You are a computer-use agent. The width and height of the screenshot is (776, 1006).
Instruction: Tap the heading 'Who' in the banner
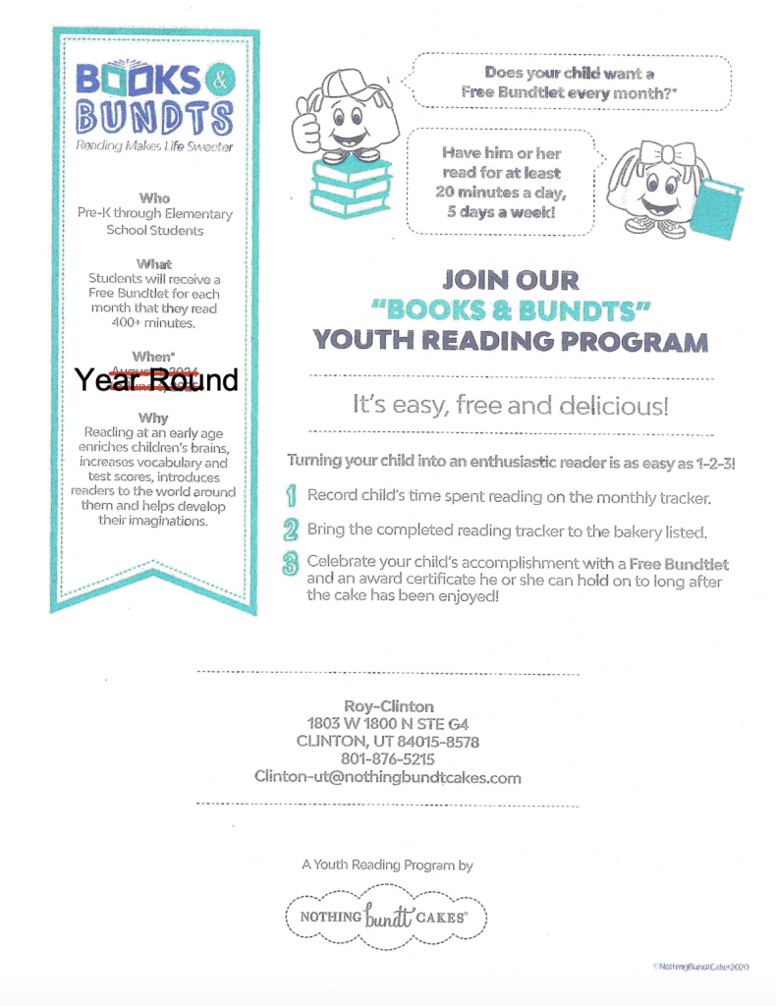(x=155, y=197)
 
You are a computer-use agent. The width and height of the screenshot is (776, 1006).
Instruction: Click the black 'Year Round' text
(x=157, y=380)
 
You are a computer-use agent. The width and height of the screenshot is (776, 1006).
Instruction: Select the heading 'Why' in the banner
(x=153, y=418)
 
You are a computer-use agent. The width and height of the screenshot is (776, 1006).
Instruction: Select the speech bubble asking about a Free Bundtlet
(x=571, y=82)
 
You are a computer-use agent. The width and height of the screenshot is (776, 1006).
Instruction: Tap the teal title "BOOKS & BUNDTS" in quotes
(x=509, y=310)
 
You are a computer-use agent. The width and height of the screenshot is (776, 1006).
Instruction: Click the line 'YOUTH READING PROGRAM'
(x=510, y=342)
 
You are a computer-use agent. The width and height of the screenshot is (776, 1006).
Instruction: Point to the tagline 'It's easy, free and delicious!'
(x=511, y=405)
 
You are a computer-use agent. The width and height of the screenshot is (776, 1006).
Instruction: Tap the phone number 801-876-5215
(x=388, y=759)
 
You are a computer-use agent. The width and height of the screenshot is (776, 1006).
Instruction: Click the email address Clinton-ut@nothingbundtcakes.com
(x=388, y=777)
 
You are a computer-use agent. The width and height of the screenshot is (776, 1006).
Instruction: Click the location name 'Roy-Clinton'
(x=388, y=706)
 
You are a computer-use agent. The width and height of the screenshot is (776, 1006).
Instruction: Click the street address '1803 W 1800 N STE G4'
(x=388, y=724)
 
